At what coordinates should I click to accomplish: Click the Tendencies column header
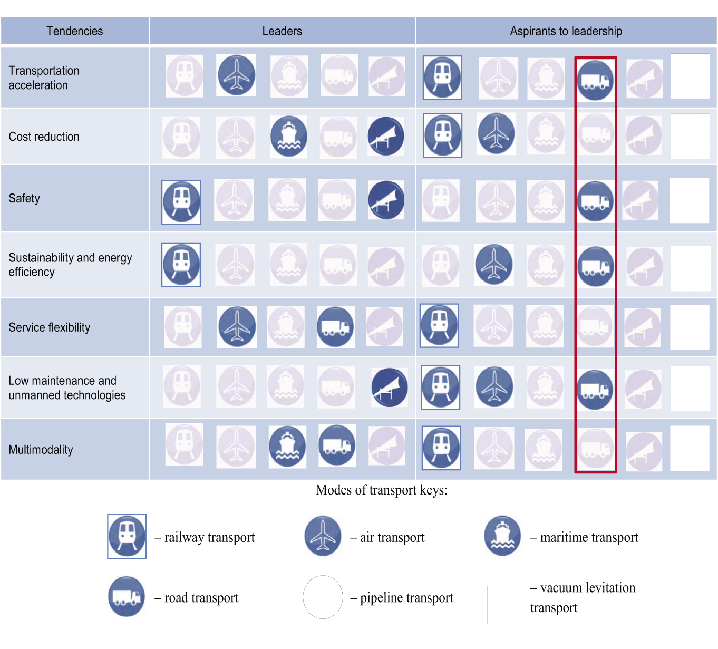tap(74, 31)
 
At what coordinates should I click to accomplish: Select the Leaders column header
tap(282, 31)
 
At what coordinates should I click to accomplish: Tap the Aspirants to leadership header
tap(566, 31)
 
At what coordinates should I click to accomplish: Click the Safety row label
tap(24, 198)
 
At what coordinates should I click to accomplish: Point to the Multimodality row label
tap(41, 450)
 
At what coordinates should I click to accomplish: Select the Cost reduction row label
tap(44, 137)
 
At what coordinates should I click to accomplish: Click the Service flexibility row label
tap(49, 327)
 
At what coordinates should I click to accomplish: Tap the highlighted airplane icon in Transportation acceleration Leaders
tap(236, 75)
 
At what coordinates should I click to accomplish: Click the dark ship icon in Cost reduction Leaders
tap(288, 137)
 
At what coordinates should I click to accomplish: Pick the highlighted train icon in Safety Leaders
tap(181, 202)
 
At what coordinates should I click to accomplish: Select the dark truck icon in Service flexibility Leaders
tap(335, 327)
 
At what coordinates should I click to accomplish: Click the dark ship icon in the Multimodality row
tap(287, 446)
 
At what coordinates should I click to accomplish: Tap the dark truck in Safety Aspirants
tap(595, 201)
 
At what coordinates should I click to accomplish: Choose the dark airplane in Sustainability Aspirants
tap(493, 264)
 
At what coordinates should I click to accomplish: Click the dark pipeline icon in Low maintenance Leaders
tap(390, 388)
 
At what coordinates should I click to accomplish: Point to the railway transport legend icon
tap(127, 536)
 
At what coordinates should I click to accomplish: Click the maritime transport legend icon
tap(502, 536)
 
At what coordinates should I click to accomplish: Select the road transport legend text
tap(201, 598)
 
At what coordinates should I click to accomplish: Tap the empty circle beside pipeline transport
tap(323, 597)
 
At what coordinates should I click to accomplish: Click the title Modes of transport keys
tap(381, 490)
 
